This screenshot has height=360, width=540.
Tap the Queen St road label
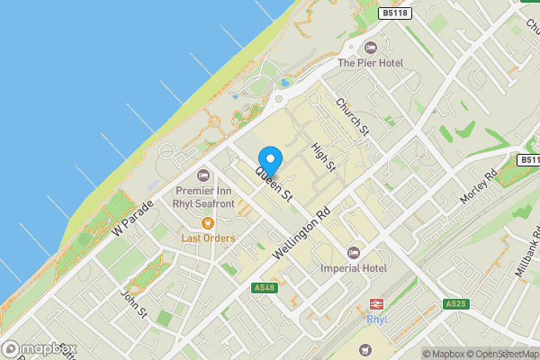pyautogui.click(x=275, y=183)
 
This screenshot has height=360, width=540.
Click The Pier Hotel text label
pyautogui.click(x=371, y=63)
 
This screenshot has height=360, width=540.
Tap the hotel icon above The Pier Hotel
pyautogui.click(x=370, y=48)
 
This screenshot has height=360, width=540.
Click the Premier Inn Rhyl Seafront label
pyautogui.click(x=204, y=197)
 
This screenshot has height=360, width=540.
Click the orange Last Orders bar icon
pyautogui.click(x=208, y=222)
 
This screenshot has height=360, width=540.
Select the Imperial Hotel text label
pyautogui.click(x=353, y=267)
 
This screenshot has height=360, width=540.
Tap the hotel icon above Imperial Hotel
pyautogui.click(x=353, y=251)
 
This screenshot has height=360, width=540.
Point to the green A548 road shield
pyautogui.click(x=264, y=287)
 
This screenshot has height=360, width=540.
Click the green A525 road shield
pyautogui.click(x=456, y=305)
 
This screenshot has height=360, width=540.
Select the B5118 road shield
pyautogui.click(x=392, y=13)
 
